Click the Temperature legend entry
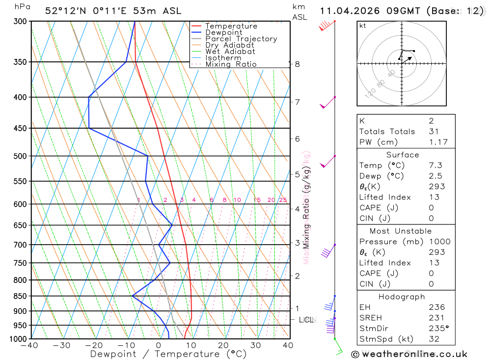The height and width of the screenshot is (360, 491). click(231, 26)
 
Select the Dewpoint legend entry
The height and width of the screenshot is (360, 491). click(223, 32)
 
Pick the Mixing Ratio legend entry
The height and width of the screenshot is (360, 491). click(231, 64)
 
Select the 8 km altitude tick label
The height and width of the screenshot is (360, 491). click(297, 64)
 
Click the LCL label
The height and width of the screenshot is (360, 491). click(306, 320)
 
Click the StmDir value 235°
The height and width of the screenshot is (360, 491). click(438, 328)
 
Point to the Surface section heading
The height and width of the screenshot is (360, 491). click(403, 155)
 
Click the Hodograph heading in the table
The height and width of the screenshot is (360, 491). click(402, 297)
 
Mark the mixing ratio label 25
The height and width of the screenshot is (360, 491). click(283, 200)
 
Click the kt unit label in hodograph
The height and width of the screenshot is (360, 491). click(363, 26)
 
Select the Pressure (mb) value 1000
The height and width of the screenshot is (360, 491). click(439, 241)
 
